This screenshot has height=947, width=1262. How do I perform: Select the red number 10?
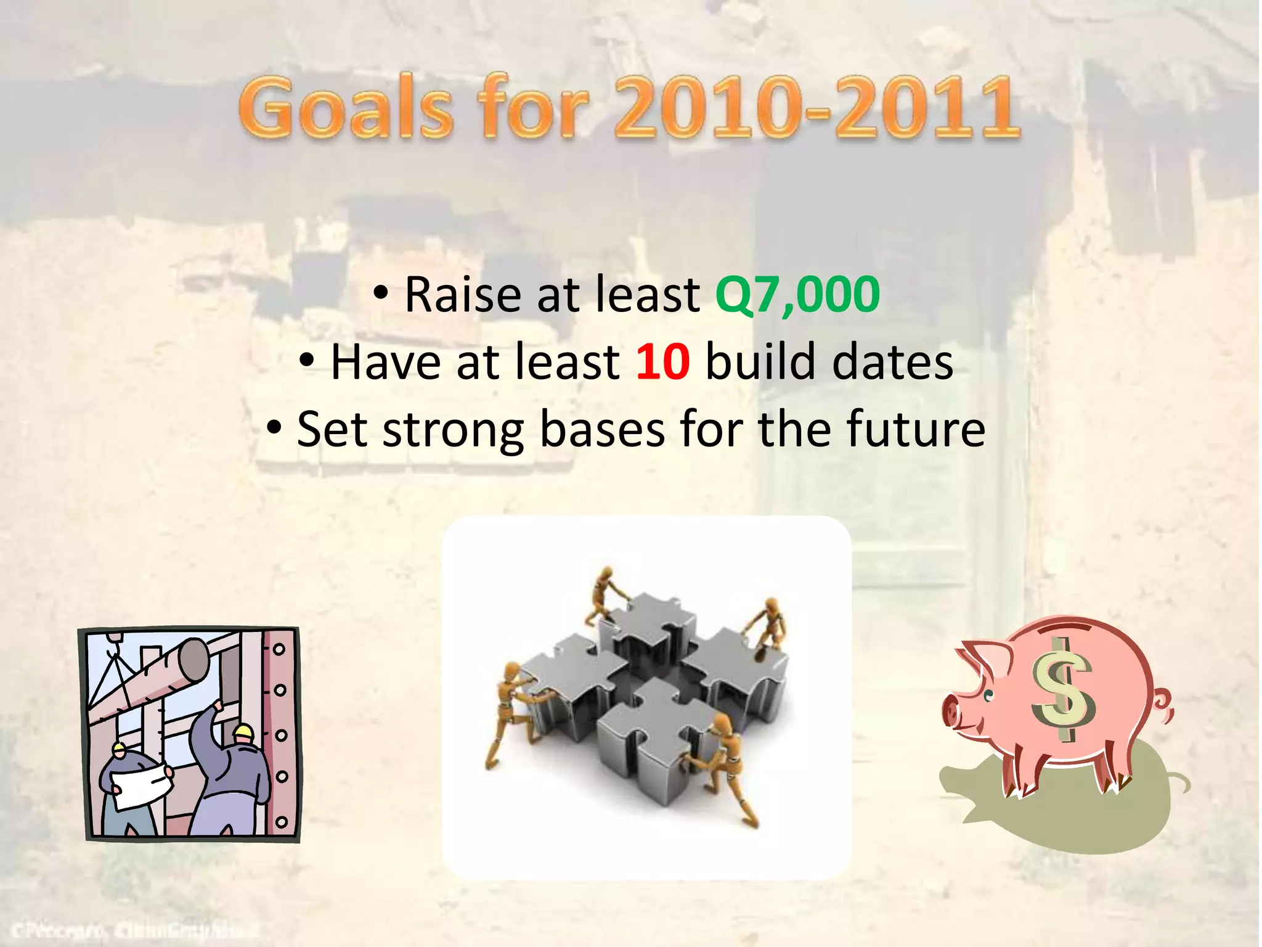pos(662,363)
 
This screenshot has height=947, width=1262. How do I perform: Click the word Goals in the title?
pos(345,109)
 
